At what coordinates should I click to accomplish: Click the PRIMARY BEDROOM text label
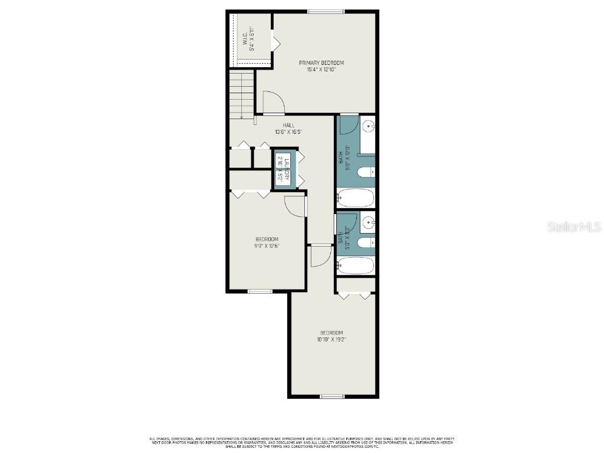[x=321, y=63]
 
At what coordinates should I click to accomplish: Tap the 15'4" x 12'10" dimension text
[x=321, y=70]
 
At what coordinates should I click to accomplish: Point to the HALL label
[x=288, y=125]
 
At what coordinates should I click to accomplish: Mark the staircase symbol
[x=241, y=94]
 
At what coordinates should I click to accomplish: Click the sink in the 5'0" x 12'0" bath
[x=367, y=125]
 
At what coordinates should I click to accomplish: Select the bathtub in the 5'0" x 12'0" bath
[x=356, y=197]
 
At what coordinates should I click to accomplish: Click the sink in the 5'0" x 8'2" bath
[x=367, y=222]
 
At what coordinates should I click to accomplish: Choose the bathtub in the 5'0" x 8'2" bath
[x=356, y=265]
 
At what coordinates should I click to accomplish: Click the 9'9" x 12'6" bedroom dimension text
[x=267, y=246]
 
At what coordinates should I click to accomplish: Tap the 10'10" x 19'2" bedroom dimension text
[x=331, y=339]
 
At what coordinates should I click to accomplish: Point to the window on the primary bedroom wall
[x=326, y=11]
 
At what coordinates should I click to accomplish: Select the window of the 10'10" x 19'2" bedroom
[x=332, y=396]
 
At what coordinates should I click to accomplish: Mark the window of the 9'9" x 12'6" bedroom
[x=260, y=291]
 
